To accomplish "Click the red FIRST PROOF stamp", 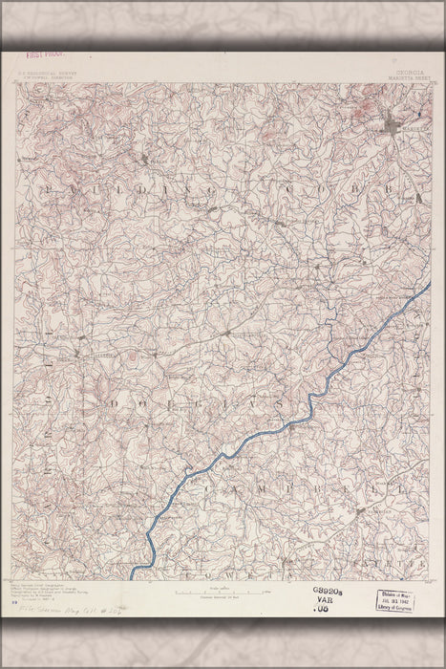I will [44, 56].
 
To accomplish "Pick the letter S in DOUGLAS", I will [280, 405].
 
